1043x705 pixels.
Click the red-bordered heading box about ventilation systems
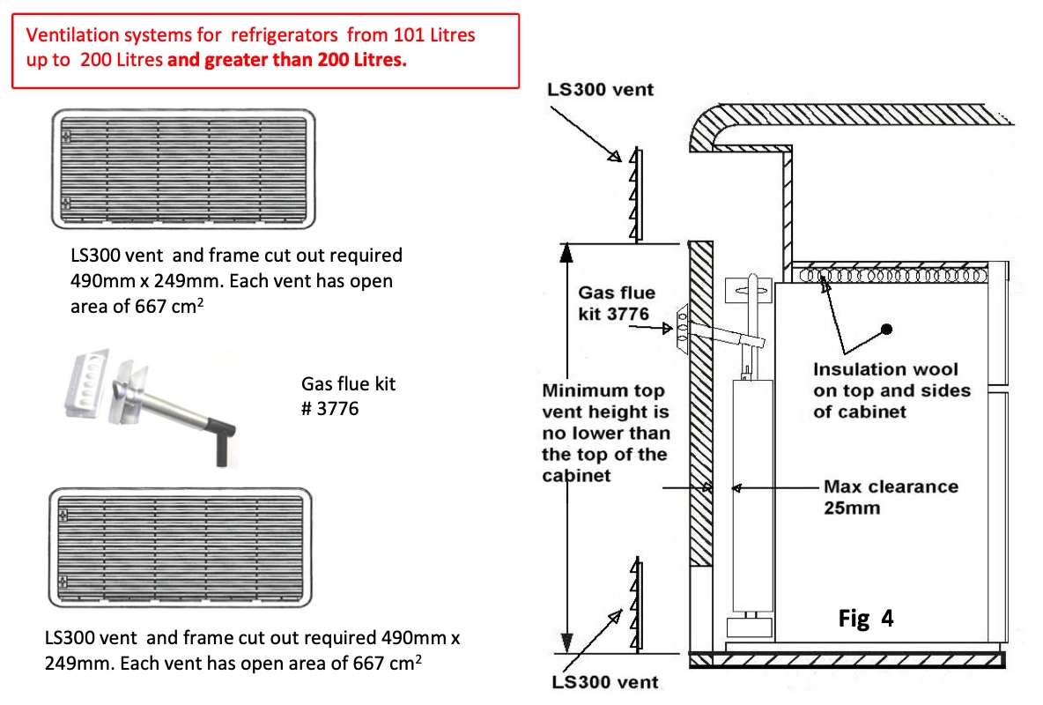point(264,50)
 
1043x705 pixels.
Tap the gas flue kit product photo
point(151,406)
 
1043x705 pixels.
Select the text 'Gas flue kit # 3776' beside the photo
point(348,397)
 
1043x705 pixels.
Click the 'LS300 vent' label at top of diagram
point(600,90)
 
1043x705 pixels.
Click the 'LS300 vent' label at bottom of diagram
point(604,681)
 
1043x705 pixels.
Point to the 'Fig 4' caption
point(865,619)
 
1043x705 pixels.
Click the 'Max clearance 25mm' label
point(890,497)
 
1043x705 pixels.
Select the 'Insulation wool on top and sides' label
point(891,390)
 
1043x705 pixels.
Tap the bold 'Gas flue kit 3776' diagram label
point(617,303)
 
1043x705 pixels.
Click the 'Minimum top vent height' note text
point(605,433)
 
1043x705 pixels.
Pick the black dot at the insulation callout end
point(887,329)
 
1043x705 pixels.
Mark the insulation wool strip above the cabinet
point(890,275)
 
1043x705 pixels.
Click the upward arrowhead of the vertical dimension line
point(567,253)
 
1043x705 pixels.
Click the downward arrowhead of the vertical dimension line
point(567,640)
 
